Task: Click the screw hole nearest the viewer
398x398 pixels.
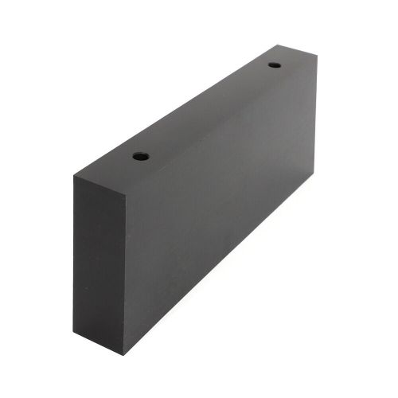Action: coord(141,156)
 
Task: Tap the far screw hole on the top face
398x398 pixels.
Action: coord(275,64)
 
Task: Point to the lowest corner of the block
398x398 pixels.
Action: coord(123,353)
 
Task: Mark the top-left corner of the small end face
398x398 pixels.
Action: coord(74,176)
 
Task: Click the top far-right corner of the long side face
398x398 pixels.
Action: coord(317,57)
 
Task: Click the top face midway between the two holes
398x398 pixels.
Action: coord(208,111)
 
